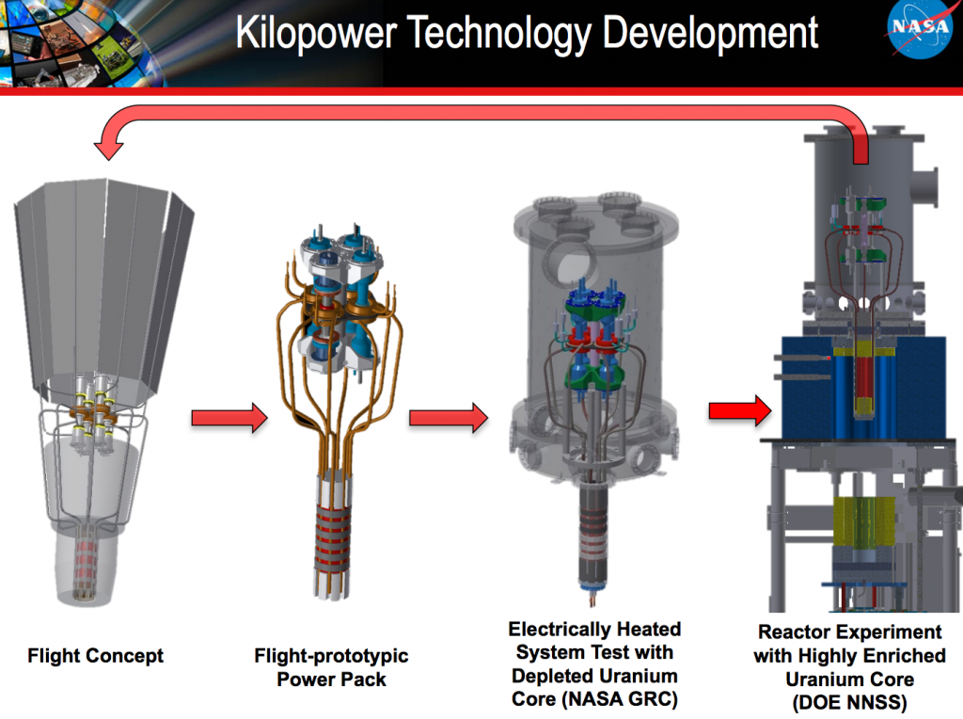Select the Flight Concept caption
(95, 656)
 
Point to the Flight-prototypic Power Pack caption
(331, 667)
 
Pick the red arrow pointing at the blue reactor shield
(739, 409)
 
